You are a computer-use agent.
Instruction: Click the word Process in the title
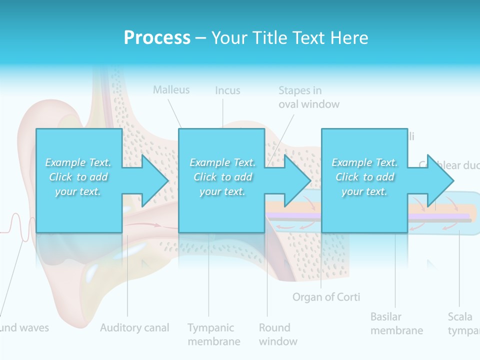pyautogui.click(x=157, y=38)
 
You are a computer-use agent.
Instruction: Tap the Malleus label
pyautogui.click(x=171, y=90)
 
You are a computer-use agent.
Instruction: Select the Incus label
pyautogui.click(x=227, y=90)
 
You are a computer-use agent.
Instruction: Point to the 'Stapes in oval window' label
pyautogui.click(x=308, y=97)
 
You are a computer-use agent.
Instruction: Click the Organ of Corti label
pyautogui.click(x=326, y=297)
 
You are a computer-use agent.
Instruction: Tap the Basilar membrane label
pyautogui.click(x=396, y=323)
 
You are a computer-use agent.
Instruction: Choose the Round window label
pyautogui.click(x=278, y=334)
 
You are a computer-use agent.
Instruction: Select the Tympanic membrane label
pyautogui.click(x=213, y=334)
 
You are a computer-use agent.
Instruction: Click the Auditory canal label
pyautogui.click(x=134, y=328)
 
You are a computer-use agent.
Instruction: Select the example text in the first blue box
pyautogui.click(x=78, y=177)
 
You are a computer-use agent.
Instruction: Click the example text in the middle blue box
pyautogui.click(x=222, y=177)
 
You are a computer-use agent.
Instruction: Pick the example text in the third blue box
pyautogui.click(x=364, y=177)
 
